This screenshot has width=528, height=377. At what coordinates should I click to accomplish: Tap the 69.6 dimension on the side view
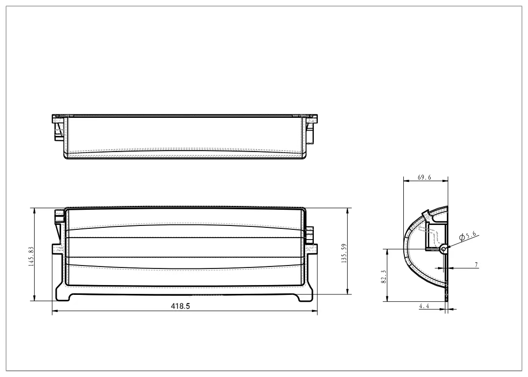tap(425, 177)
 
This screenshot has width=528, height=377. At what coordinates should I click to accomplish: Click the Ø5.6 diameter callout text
tap(468, 236)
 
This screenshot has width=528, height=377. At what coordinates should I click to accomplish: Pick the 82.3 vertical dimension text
tap(384, 277)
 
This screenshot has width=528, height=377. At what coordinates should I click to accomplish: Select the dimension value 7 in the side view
tap(476, 265)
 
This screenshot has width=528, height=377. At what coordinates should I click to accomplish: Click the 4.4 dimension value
tap(424, 306)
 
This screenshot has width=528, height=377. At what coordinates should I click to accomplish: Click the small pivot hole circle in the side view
tap(443, 248)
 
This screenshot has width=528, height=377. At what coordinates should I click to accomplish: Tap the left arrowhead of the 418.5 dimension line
tap(54, 311)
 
